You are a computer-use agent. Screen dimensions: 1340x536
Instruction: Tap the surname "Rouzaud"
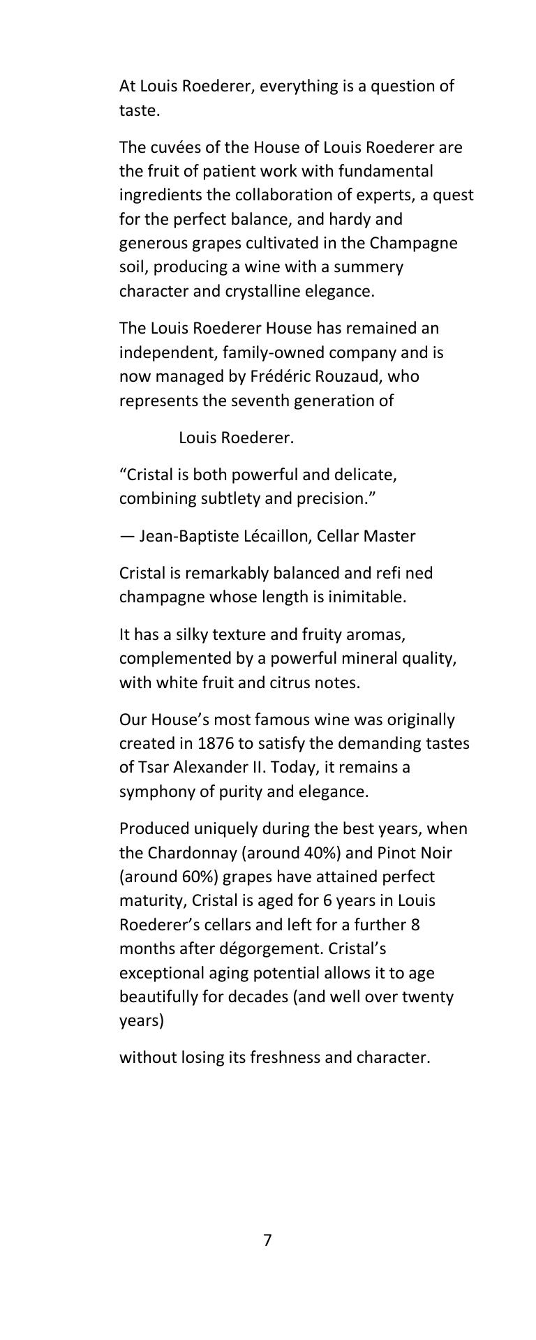click(349, 376)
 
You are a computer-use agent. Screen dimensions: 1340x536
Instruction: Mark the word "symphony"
click(154, 791)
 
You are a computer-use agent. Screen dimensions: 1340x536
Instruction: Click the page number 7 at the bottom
click(267, 1240)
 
